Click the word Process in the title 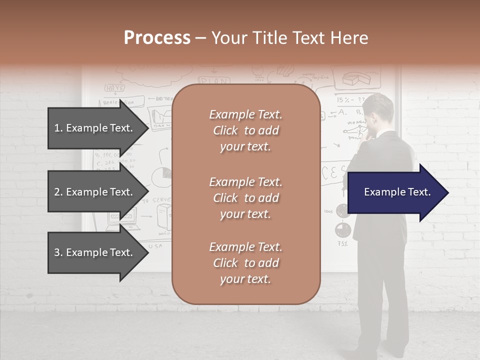pyautogui.click(x=157, y=38)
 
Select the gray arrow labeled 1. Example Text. pyautogui.click(x=95, y=128)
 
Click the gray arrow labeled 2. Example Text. pyautogui.click(x=95, y=192)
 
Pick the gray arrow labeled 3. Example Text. pyautogui.click(x=95, y=252)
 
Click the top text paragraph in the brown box pyautogui.click(x=245, y=130)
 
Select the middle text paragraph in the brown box pyautogui.click(x=245, y=198)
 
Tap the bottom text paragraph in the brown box pyautogui.click(x=245, y=263)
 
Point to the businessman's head pyautogui.click(x=379, y=110)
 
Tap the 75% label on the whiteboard pyautogui.click(x=342, y=244)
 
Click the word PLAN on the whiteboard pyautogui.click(x=214, y=81)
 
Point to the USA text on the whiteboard pyautogui.click(x=155, y=246)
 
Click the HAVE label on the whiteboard pyautogui.click(x=114, y=88)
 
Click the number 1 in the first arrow pyautogui.click(x=57, y=128)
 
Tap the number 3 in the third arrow pyautogui.click(x=57, y=252)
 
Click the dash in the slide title pyautogui.click(x=200, y=38)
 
